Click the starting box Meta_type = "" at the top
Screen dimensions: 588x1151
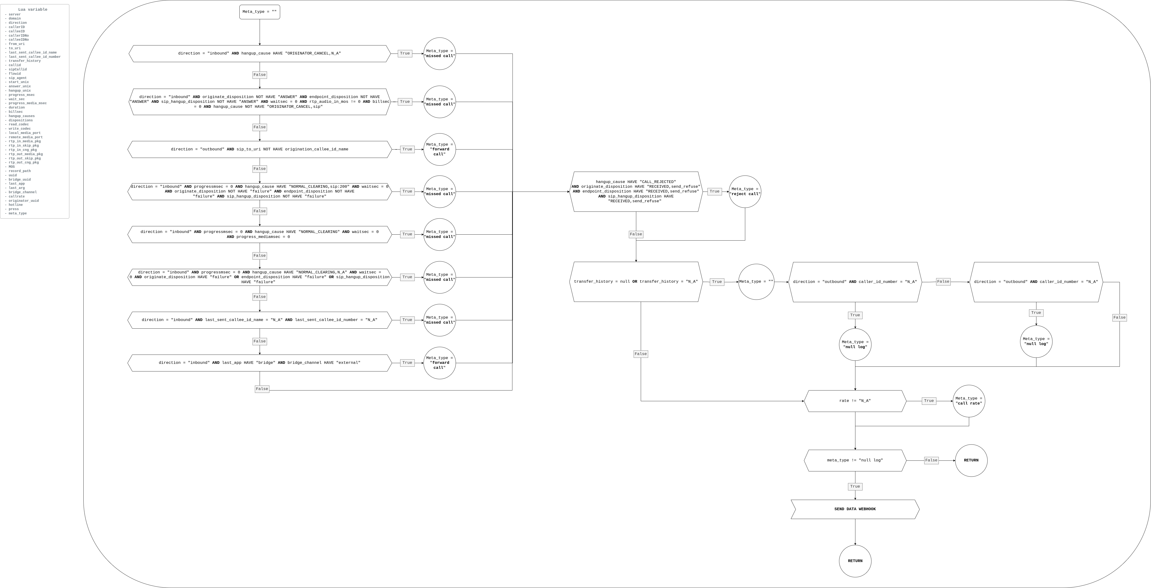[x=260, y=12]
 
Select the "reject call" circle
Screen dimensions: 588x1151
[x=745, y=192]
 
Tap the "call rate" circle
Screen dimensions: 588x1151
[x=969, y=401]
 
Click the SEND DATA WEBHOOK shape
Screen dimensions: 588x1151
[x=855, y=509]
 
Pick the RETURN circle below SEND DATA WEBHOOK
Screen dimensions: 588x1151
[x=855, y=561]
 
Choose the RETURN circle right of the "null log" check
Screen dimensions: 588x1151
[x=971, y=460]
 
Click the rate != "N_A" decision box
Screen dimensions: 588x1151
[x=855, y=401]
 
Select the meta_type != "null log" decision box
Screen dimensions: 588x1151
[x=855, y=460]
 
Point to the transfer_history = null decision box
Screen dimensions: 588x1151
[x=636, y=282]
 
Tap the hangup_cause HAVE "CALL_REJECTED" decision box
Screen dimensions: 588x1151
[x=636, y=192]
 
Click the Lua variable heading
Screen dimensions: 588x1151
[x=33, y=9]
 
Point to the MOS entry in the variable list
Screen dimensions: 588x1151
[x=12, y=167]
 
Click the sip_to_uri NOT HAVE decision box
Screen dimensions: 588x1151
[x=260, y=149]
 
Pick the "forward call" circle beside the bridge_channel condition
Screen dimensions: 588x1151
[x=439, y=363]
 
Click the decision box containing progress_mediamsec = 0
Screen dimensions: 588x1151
[x=260, y=234]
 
